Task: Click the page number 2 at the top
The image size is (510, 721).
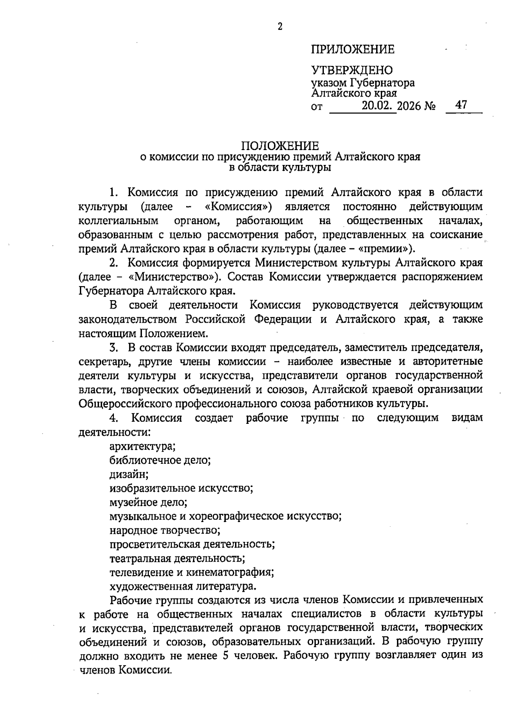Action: click(280, 27)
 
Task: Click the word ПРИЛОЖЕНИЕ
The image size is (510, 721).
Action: click(353, 50)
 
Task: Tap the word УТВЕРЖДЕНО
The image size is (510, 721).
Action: click(352, 70)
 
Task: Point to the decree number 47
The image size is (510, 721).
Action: click(461, 105)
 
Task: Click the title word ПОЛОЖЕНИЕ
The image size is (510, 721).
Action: click(280, 146)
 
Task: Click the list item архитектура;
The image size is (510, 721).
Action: click(143, 446)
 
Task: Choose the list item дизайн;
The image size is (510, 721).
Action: click(129, 474)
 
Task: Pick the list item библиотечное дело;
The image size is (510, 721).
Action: click(160, 460)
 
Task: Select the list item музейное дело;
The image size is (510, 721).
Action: click(148, 502)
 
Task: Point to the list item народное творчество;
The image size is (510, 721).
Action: click(165, 530)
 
